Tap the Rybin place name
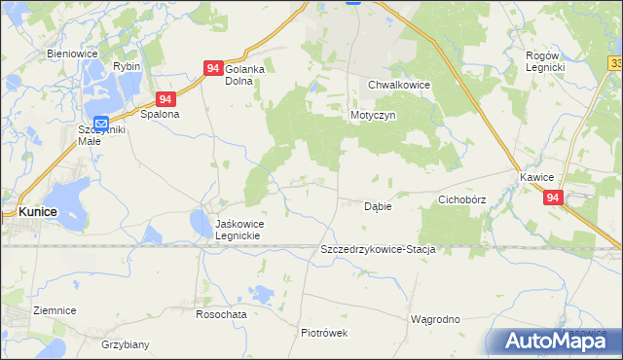(x=127, y=65)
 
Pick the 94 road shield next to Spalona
(x=166, y=99)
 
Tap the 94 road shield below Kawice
(x=553, y=198)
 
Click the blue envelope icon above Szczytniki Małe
(x=101, y=123)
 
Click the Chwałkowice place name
(x=399, y=85)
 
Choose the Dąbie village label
(x=378, y=206)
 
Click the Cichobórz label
(x=461, y=199)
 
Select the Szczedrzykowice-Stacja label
(x=377, y=249)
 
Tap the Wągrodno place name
(x=435, y=319)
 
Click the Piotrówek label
(x=324, y=332)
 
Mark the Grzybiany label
(x=125, y=344)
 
